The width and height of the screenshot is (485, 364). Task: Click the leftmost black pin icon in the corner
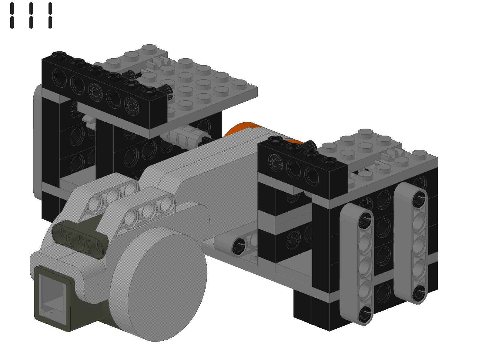pyautogui.click(x=12, y=16)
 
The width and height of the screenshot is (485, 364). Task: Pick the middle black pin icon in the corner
pyautogui.click(x=32, y=16)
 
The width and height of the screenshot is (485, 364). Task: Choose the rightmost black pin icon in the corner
pyautogui.click(x=50, y=16)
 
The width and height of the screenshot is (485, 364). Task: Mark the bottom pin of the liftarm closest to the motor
pyautogui.click(x=365, y=314)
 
